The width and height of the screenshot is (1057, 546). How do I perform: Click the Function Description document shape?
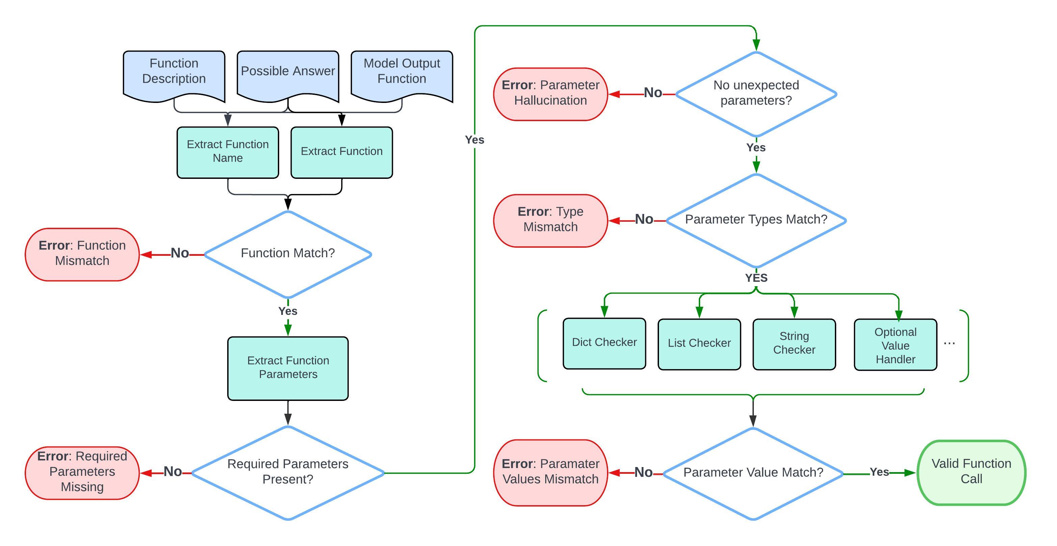[x=174, y=74]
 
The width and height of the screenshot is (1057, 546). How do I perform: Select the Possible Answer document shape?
[x=288, y=74]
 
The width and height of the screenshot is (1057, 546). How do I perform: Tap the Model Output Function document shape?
[x=402, y=74]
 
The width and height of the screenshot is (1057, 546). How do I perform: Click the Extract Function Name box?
[x=228, y=152]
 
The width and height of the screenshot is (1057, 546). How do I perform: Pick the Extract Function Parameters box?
[x=288, y=368]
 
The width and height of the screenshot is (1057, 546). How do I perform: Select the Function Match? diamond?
[x=288, y=254]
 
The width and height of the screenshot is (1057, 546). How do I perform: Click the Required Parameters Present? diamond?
[x=288, y=472]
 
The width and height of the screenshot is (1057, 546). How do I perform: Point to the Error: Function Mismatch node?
[x=82, y=254]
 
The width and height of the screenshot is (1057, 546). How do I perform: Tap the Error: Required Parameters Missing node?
[x=82, y=472]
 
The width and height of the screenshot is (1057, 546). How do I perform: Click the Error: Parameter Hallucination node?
[x=550, y=93]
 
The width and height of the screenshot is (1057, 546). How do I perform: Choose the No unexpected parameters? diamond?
[x=756, y=93]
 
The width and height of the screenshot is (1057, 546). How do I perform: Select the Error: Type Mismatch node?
[x=550, y=220]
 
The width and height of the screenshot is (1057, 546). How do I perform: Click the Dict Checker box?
[x=604, y=343]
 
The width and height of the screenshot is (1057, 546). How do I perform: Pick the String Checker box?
[x=794, y=344]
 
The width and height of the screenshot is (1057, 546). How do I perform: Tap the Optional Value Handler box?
[x=895, y=345]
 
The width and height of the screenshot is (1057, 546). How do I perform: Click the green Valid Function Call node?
[x=971, y=472]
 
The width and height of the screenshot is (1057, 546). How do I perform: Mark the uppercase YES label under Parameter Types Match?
[x=756, y=278]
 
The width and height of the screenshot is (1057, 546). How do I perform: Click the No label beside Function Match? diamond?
[x=180, y=253]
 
